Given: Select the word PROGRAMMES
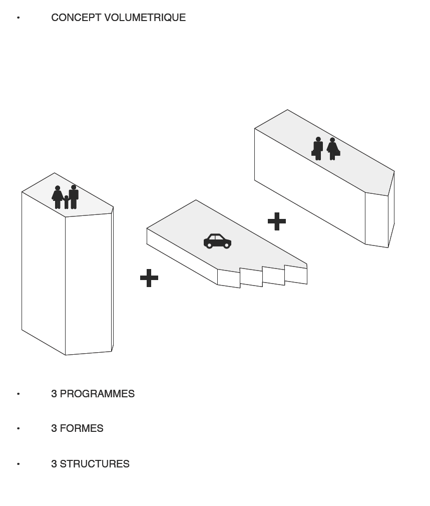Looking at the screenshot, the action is (97, 394).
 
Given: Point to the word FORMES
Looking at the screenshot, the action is (82, 428).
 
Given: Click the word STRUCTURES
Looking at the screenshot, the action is (95, 464).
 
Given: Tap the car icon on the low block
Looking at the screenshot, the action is (217, 241).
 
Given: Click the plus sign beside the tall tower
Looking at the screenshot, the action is (149, 278).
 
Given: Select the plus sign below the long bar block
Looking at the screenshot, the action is (277, 221).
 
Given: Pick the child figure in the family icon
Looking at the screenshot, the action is (66, 202).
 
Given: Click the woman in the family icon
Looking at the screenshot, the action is (58, 197).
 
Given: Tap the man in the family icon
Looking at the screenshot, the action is (74, 197).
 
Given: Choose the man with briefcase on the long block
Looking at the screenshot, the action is (317, 148).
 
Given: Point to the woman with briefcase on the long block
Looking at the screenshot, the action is (333, 149).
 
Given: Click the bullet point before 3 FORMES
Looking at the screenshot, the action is (19, 428).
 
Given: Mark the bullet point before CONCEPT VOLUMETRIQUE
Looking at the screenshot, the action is (19, 18).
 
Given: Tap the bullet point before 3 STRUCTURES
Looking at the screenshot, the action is (19, 464).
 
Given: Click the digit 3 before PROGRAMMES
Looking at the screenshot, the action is (54, 394).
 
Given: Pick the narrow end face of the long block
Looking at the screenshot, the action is (376, 220).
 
